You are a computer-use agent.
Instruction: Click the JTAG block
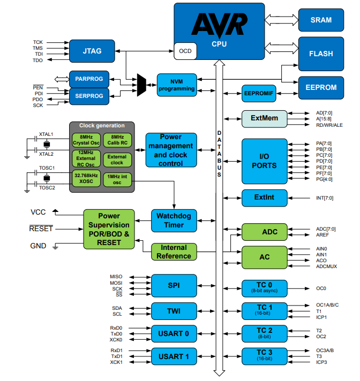click(93, 51)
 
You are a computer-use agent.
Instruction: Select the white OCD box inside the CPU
click(185, 51)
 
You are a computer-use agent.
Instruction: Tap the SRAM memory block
click(321, 20)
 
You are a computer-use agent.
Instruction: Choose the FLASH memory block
click(321, 54)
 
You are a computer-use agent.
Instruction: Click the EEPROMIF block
click(259, 93)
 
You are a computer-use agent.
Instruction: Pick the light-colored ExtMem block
click(264, 118)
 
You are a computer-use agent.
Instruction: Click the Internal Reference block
click(174, 252)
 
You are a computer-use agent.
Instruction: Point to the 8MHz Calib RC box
click(116, 140)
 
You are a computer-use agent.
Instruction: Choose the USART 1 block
click(174, 356)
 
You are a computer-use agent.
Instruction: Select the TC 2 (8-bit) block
click(264, 333)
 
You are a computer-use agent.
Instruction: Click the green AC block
click(264, 257)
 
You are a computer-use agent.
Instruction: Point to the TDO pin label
click(37, 60)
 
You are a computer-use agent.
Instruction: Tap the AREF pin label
click(321, 235)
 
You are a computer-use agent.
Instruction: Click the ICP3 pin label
click(322, 362)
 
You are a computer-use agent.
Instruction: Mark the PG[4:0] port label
click(324, 180)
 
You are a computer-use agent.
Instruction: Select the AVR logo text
click(220, 24)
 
